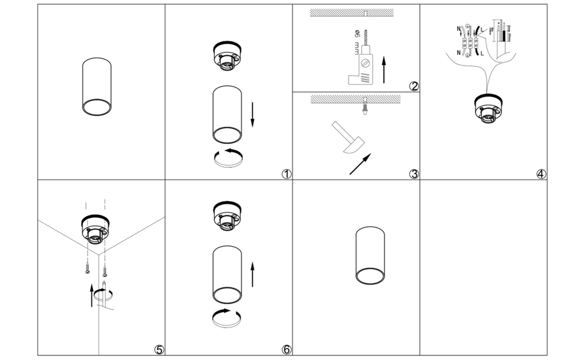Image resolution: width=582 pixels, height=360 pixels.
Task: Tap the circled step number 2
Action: [x=413, y=86]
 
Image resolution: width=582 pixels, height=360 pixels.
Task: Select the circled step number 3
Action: [x=413, y=175]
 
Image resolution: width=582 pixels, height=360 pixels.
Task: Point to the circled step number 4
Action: [x=541, y=175]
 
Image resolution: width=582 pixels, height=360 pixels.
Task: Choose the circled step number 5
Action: [x=158, y=350]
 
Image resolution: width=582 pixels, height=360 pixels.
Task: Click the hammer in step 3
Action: [x=347, y=139]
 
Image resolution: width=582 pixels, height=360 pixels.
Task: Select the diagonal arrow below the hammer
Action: [x=360, y=164]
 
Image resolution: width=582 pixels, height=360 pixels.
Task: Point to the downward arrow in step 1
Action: [x=253, y=115]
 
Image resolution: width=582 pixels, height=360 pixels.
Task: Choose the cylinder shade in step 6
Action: [x=228, y=277]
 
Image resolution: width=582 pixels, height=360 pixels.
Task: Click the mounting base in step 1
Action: [x=228, y=58]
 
